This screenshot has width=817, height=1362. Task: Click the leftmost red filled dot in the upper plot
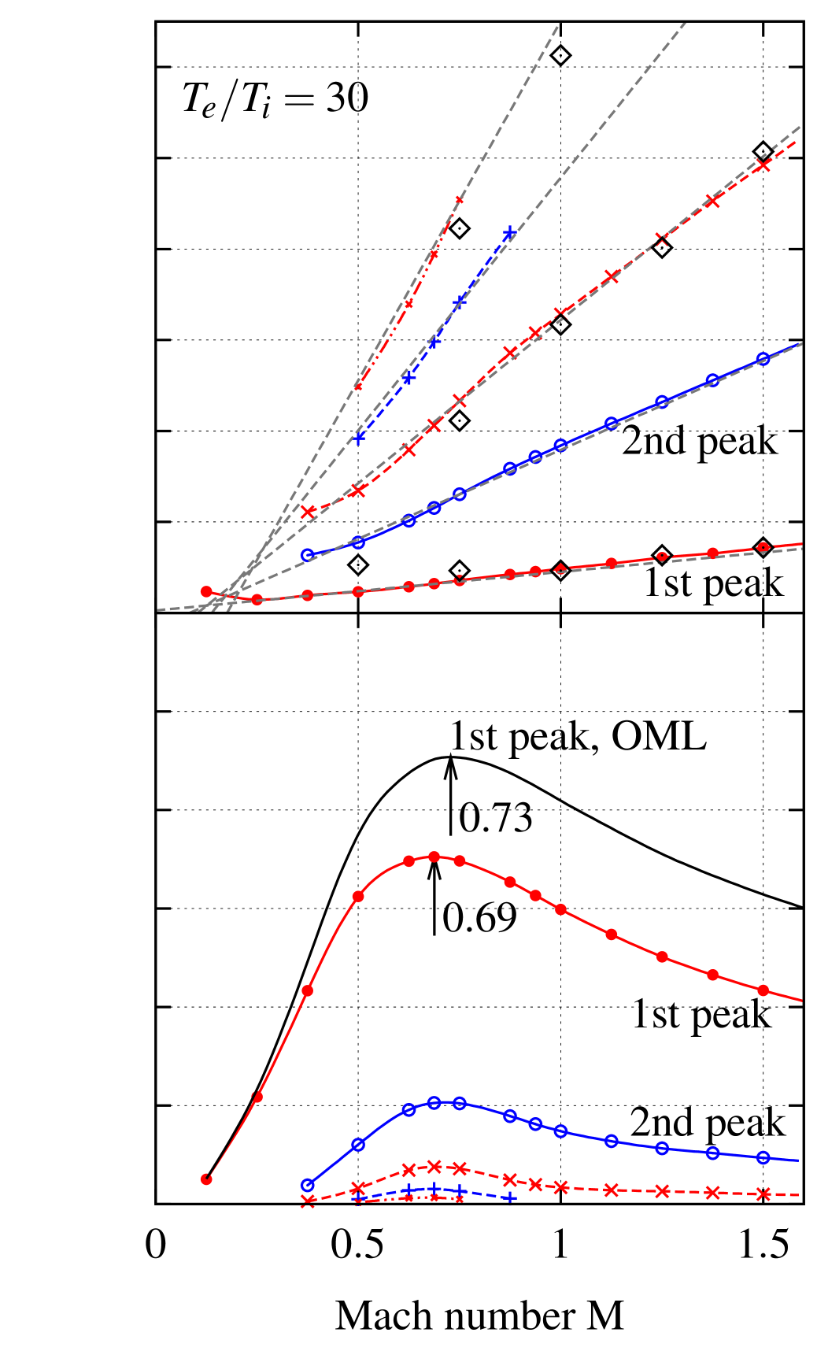coord(206,591)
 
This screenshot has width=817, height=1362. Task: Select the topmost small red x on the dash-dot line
coord(459,200)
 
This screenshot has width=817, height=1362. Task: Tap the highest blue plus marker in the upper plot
coord(510,232)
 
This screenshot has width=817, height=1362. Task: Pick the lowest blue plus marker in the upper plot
coord(359,438)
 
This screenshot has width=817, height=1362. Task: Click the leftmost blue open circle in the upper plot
coord(308,555)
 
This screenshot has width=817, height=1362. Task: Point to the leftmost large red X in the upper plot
coord(309,512)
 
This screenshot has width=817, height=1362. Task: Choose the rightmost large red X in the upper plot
coord(763,165)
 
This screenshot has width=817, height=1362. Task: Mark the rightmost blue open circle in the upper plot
coord(763,359)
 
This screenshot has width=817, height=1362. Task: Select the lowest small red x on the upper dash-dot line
coord(358,386)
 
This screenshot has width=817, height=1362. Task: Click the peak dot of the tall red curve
coord(434,857)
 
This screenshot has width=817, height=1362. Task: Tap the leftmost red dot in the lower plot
coord(206,1179)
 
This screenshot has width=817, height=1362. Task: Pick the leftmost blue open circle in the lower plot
coord(308,1185)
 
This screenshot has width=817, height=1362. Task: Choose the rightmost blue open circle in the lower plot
coord(763,1157)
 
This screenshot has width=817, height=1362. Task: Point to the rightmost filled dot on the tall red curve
coord(763,990)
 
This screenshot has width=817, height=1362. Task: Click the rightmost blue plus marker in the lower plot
coord(510,1197)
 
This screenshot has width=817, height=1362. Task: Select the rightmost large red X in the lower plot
coord(763,1194)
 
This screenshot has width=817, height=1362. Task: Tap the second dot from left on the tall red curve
coord(257,1097)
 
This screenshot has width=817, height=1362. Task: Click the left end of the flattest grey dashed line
coord(158,609)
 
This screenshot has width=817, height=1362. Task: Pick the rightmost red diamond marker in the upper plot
coord(763,547)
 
